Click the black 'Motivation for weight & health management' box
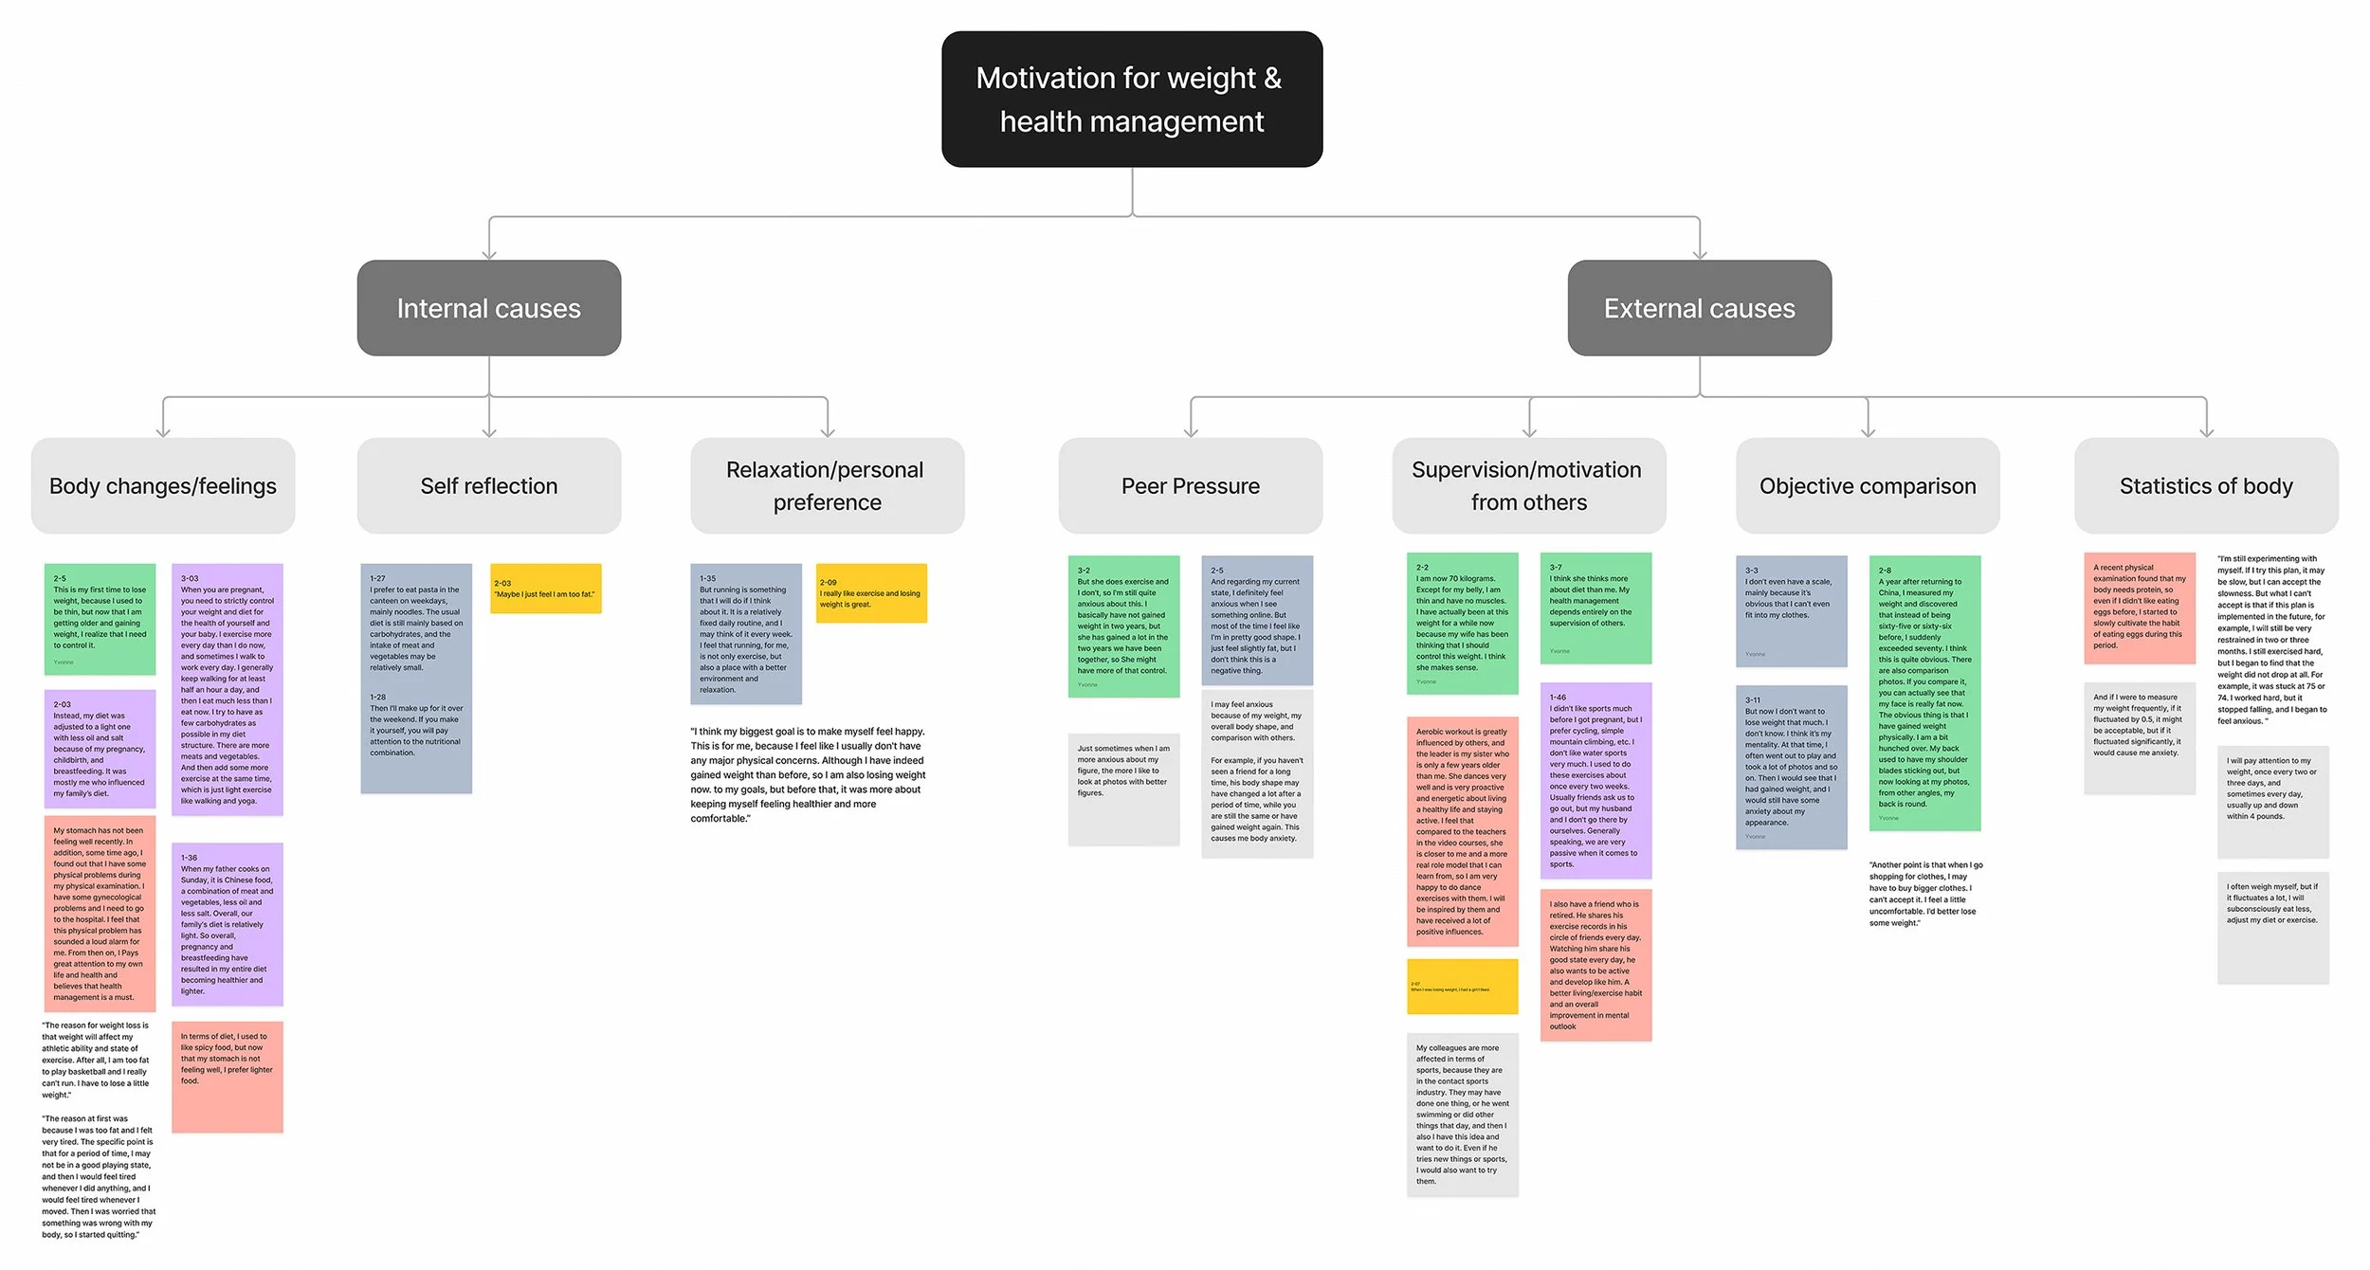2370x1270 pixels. (1132, 100)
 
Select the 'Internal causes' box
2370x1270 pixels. (489, 308)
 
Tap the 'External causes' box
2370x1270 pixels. (1699, 308)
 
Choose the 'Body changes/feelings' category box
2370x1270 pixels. (163, 485)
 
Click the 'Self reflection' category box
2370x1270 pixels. (489, 485)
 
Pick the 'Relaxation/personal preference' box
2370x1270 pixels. (827, 485)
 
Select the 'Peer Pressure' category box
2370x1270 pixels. (1191, 485)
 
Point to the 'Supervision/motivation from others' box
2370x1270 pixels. (1528, 485)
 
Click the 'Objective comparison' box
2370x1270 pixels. (1868, 485)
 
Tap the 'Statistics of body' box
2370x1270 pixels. (2206, 485)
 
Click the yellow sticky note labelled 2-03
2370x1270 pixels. (546, 589)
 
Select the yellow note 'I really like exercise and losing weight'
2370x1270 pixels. (871, 593)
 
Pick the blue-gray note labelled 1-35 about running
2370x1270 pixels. (746, 634)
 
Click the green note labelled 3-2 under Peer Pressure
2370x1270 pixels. (1123, 626)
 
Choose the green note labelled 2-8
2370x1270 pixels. (1924, 693)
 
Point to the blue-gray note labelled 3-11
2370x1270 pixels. (1791, 767)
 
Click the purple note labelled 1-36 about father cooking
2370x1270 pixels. (228, 924)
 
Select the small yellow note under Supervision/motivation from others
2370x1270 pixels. (1462, 987)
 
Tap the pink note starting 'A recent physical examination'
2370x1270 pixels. (2139, 608)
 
